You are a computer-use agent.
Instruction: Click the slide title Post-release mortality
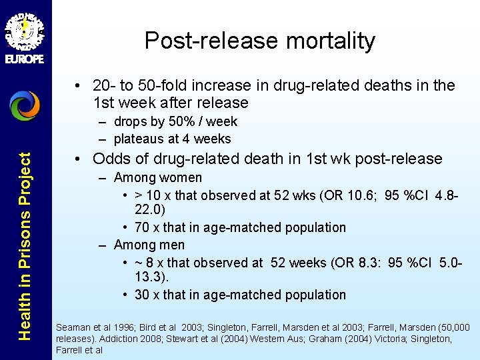tap(260, 41)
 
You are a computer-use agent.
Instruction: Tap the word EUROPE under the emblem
tap(25, 59)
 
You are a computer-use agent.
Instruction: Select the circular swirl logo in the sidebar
tap(25, 105)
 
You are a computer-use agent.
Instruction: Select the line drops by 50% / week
tap(175, 122)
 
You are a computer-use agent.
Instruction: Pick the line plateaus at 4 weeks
tap(172, 139)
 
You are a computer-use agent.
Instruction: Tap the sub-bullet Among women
tap(157, 177)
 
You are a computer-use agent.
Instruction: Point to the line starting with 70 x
tap(240, 227)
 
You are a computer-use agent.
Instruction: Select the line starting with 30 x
tap(240, 295)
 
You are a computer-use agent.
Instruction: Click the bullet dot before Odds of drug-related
tap(79, 159)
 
